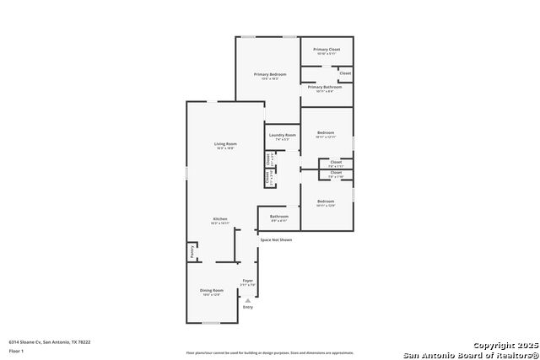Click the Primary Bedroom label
click(x=270, y=74)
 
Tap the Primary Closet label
click(x=327, y=50)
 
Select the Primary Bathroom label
click(x=325, y=87)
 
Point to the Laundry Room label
click(x=283, y=135)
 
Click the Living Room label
click(x=225, y=144)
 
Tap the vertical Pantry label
click(x=192, y=251)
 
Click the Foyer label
click(x=247, y=281)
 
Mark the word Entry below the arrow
click(x=247, y=307)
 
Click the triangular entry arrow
click(x=247, y=299)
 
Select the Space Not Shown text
click(x=276, y=239)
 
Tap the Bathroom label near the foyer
click(x=279, y=217)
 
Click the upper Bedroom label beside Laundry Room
click(x=326, y=132)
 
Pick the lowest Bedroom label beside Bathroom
click(x=326, y=201)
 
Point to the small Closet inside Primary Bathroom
click(x=345, y=74)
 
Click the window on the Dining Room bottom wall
click(x=212, y=323)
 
